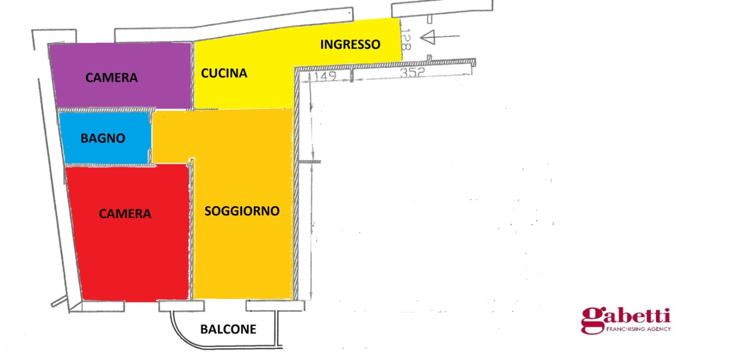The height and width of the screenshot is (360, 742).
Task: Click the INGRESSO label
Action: [x=350, y=44]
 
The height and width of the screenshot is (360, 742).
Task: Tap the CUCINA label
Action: [x=224, y=74]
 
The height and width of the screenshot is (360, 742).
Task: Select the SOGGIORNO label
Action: [x=242, y=211]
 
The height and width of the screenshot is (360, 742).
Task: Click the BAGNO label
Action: [x=103, y=139]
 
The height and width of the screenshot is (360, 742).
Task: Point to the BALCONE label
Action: [x=228, y=329]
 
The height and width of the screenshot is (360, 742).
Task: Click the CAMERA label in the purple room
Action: [x=112, y=78]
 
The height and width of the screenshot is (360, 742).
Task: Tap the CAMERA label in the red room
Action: [x=125, y=214]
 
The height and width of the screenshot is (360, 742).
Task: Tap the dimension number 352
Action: [x=412, y=73]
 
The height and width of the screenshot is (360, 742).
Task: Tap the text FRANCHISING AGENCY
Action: [x=638, y=329]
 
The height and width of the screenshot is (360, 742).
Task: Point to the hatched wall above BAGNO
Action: [x=104, y=110]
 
